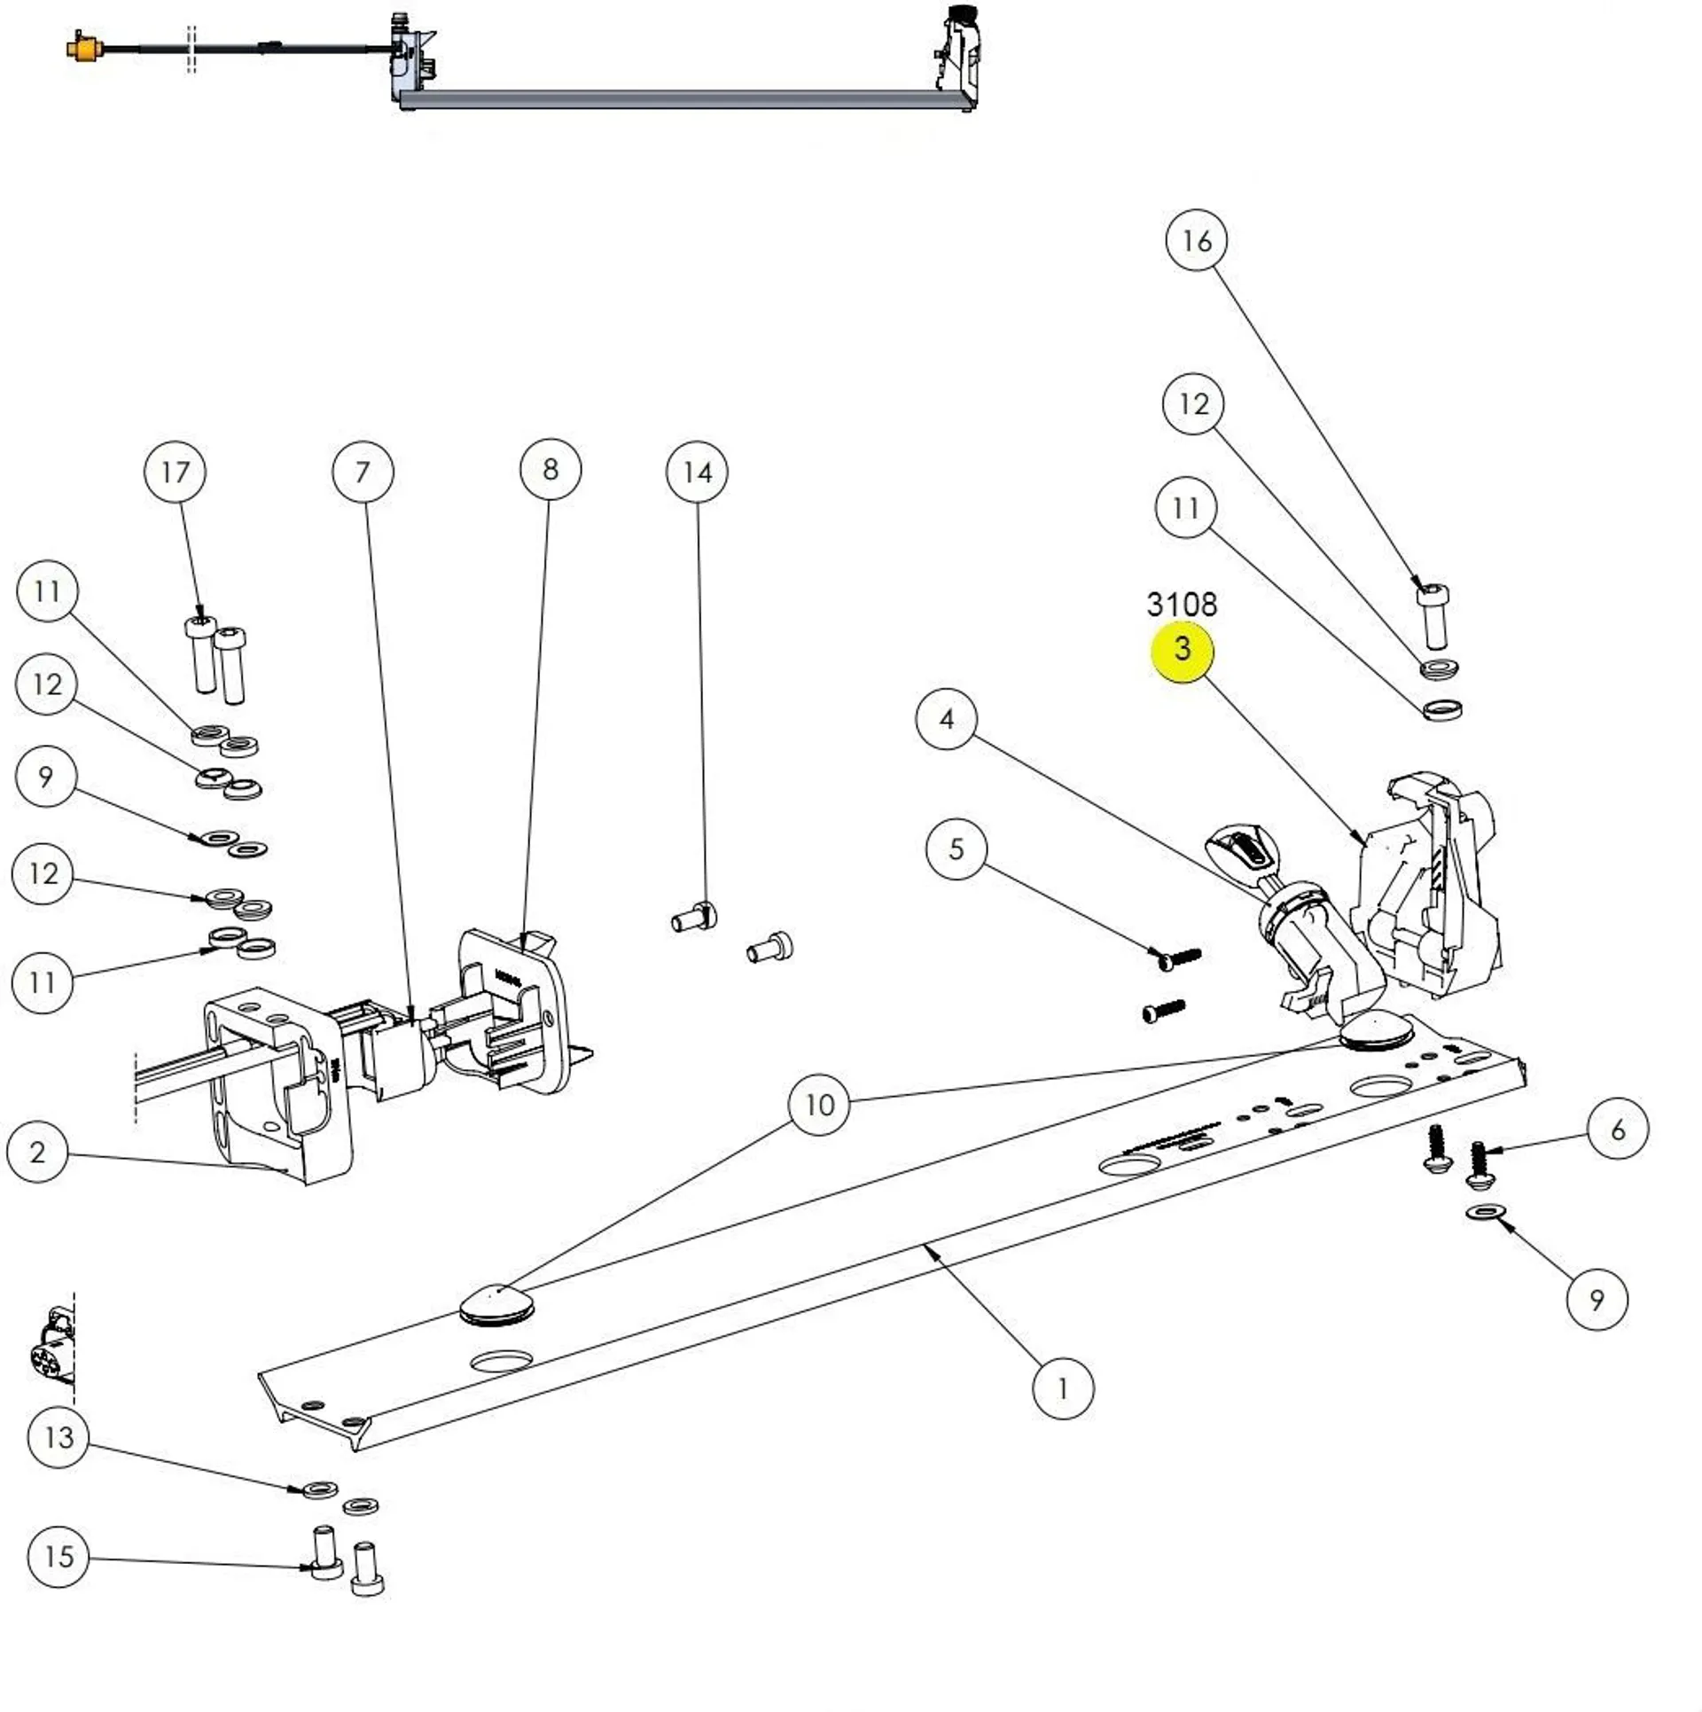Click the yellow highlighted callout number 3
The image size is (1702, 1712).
1182,650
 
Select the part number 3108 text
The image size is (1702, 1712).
1182,605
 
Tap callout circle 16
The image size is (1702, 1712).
1196,240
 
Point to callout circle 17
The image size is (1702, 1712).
175,473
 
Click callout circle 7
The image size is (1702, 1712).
363,473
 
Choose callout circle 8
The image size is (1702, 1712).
550,470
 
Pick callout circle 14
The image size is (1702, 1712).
697,473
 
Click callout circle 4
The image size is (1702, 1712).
946,719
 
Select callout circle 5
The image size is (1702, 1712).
956,849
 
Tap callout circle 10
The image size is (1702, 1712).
819,1105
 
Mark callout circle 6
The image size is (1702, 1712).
1618,1130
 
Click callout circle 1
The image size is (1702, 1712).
1063,1388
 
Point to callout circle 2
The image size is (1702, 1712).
37,1153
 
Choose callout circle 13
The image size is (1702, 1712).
59,1437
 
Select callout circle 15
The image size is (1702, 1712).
59,1557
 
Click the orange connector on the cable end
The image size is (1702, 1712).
85,46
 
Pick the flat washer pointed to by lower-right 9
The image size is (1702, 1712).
1487,1211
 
